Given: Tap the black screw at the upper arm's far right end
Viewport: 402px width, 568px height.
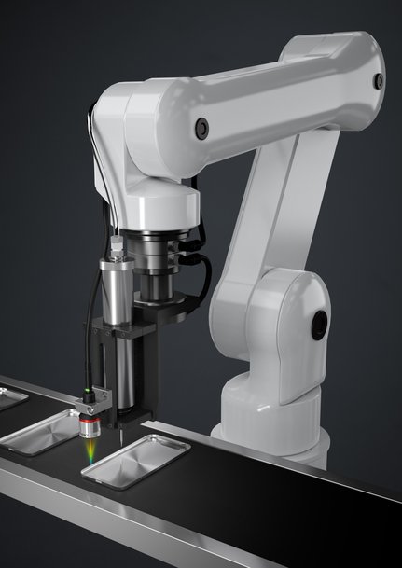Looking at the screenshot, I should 378,81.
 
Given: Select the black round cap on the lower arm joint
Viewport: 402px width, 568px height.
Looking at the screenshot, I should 320,324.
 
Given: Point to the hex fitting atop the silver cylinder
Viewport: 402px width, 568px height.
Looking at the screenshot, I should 117,246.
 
